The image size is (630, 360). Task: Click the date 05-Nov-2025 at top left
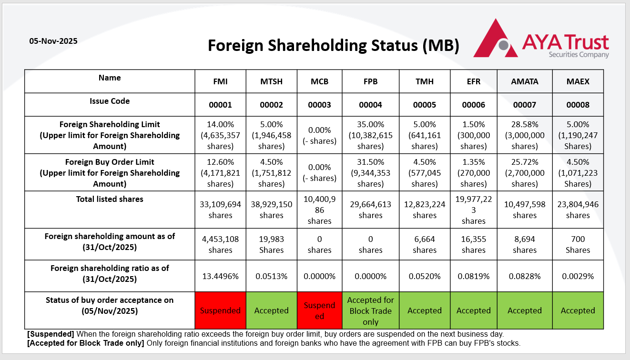(x=53, y=41)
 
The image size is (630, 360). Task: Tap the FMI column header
(x=220, y=81)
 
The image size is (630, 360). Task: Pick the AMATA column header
(x=525, y=81)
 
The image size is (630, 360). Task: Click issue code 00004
(x=370, y=105)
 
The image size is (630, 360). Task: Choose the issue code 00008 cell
(x=578, y=105)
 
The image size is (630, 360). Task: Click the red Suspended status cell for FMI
(x=220, y=310)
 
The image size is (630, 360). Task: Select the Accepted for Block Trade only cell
(x=370, y=310)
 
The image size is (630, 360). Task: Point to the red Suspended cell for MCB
(x=319, y=310)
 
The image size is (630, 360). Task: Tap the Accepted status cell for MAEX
(x=578, y=310)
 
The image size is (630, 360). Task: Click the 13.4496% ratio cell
(x=220, y=276)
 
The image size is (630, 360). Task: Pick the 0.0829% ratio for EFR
(x=473, y=276)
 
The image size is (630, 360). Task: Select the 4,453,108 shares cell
(x=220, y=244)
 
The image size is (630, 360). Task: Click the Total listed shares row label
(x=110, y=199)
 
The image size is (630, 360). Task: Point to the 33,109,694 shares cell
(x=220, y=210)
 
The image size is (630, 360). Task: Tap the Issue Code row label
(x=110, y=101)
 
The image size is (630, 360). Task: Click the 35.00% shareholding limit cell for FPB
(x=370, y=135)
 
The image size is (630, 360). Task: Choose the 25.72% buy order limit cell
(x=525, y=172)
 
